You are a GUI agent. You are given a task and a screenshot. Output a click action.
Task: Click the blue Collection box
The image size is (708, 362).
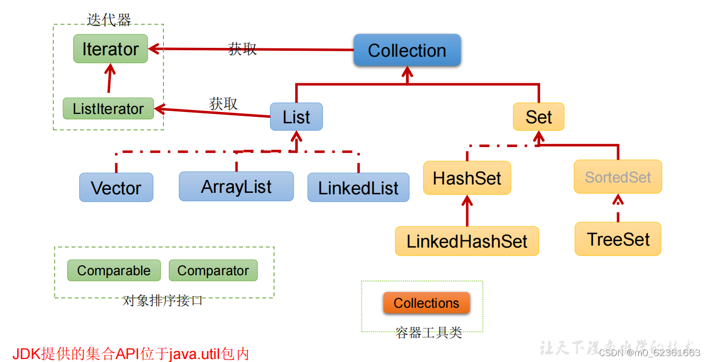click(x=407, y=50)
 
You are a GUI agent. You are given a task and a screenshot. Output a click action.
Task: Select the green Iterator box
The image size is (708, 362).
click(x=111, y=49)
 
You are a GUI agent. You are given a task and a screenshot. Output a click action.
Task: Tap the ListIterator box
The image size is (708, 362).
click(x=108, y=109)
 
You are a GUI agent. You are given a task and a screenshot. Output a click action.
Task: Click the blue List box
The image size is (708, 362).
click(x=296, y=117)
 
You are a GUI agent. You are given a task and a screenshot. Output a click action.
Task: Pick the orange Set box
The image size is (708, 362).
click(x=538, y=117)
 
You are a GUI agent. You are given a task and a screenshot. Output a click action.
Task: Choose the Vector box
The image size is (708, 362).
click(x=116, y=188)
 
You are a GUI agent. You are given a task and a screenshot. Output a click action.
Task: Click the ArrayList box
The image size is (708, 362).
click(x=236, y=186)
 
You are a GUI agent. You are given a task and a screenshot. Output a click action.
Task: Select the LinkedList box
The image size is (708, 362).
click(x=358, y=188)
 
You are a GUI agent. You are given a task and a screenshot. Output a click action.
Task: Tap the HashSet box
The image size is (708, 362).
click(x=467, y=178)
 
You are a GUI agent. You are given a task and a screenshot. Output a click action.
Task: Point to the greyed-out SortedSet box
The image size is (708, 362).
click(x=618, y=177)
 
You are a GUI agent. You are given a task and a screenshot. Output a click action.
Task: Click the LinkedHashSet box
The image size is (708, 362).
click(x=467, y=241)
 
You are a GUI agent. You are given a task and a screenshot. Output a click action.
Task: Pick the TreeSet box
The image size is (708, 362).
click(x=618, y=239)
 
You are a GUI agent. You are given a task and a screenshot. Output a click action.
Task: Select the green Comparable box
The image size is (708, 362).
click(x=114, y=270)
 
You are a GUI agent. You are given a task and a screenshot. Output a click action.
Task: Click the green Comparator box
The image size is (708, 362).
click(x=213, y=270)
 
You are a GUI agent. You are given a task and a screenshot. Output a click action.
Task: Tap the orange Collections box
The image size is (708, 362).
click(x=426, y=303)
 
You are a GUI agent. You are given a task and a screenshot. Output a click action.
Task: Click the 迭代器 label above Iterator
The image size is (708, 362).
click(x=109, y=20)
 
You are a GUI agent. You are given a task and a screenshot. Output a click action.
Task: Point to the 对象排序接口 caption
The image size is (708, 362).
click(x=162, y=300)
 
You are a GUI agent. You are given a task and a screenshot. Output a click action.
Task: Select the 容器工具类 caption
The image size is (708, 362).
click(x=429, y=333)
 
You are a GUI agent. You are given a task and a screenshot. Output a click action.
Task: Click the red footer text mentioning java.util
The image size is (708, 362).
click(x=131, y=354)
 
